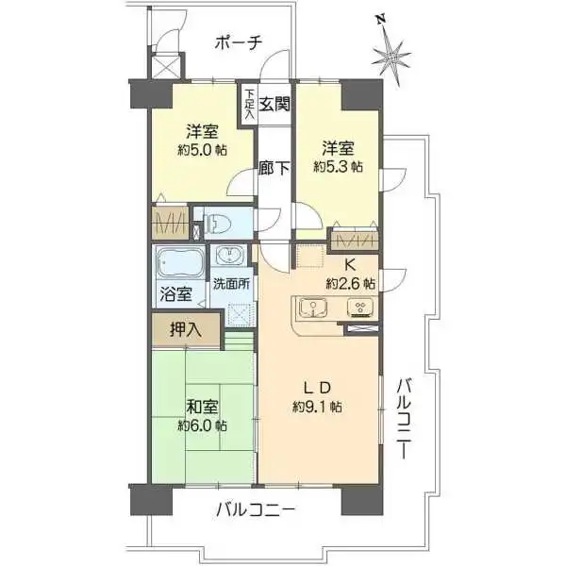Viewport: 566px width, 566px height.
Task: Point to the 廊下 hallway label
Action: point(274,170)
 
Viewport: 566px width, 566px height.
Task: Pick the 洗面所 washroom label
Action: point(230,282)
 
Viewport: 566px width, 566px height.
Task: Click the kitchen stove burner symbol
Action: point(359,308)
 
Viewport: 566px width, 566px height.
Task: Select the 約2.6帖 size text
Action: point(350,283)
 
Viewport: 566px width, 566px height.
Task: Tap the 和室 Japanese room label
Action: point(202,408)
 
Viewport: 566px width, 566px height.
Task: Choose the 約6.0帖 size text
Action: point(203,425)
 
